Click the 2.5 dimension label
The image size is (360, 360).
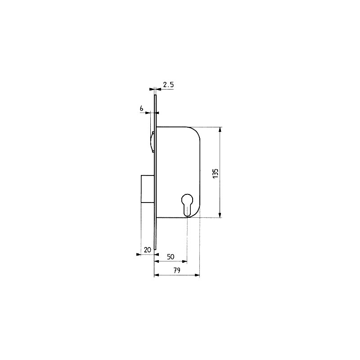pyautogui.click(x=168, y=85)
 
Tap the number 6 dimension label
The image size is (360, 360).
pyautogui.click(x=142, y=108)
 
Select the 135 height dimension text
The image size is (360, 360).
pyautogui.click(x=216, y=173)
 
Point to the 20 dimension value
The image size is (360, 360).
pyautogui.click(x=148, y=250)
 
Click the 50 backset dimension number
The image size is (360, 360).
pyautogui.click(x=171, y=256)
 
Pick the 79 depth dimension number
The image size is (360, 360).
pyautogui.click(x=176, y=270)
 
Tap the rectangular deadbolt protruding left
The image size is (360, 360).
pyautogui.click(x=148, y=189)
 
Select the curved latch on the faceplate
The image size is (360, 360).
pyautogui.click(x=152, y=142)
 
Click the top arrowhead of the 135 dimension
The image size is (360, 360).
pyautogui.click(x=220, y=130)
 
